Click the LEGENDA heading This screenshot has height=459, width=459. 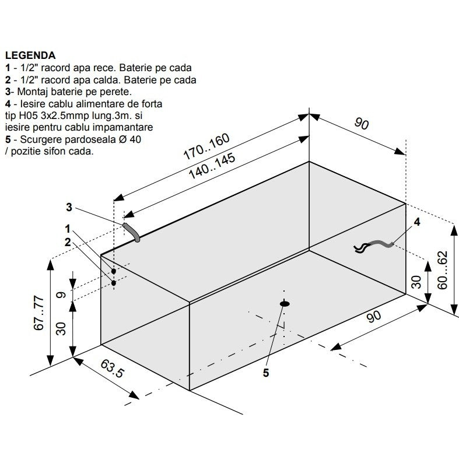[30, 55]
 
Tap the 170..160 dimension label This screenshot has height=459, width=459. [206, 146]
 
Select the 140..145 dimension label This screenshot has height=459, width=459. [212, 166]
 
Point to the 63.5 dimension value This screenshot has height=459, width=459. [113, 369]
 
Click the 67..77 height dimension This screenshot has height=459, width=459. [39, 313]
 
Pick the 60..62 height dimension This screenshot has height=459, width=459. [443, 270]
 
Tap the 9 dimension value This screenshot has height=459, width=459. [61, 295]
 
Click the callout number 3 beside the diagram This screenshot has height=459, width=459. [69, 207]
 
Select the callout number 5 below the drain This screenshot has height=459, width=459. [266, 373]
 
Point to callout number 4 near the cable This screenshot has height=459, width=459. [417, 222]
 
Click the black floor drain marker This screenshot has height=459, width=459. [285, 304]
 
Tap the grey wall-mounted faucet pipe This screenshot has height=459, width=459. [132, 232]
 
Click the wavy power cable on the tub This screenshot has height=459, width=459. [373, 247]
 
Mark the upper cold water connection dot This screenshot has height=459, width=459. [114, 271]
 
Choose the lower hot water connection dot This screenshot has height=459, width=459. [114, 283]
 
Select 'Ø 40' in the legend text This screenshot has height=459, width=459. [130, 139]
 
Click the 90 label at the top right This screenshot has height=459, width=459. [362, 123]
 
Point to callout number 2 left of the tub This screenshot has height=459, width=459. [68, 242]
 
